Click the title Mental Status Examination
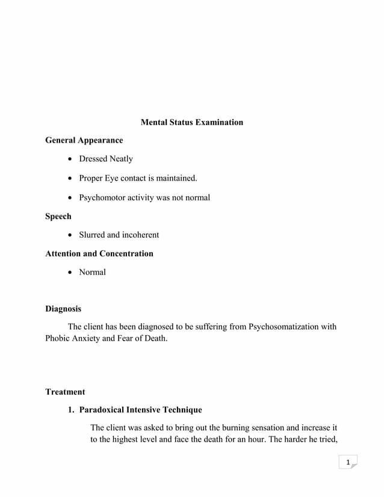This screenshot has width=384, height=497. coord(191,122)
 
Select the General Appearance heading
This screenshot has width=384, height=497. coord(84,140)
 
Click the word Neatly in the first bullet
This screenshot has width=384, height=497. coord(120,159)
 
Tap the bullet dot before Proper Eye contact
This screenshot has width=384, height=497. coord(72,179)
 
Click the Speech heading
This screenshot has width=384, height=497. coord(58,216)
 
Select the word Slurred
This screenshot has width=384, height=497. coord(91,235)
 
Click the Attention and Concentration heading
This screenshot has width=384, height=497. coord(99,253)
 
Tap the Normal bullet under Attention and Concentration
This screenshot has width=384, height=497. coord(92,272)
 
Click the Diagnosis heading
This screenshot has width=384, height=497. coord(63,309)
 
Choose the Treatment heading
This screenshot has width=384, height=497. coord(65,392)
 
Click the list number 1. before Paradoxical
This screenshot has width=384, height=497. coord(71,410)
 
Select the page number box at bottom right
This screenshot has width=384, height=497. coord(347,462)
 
